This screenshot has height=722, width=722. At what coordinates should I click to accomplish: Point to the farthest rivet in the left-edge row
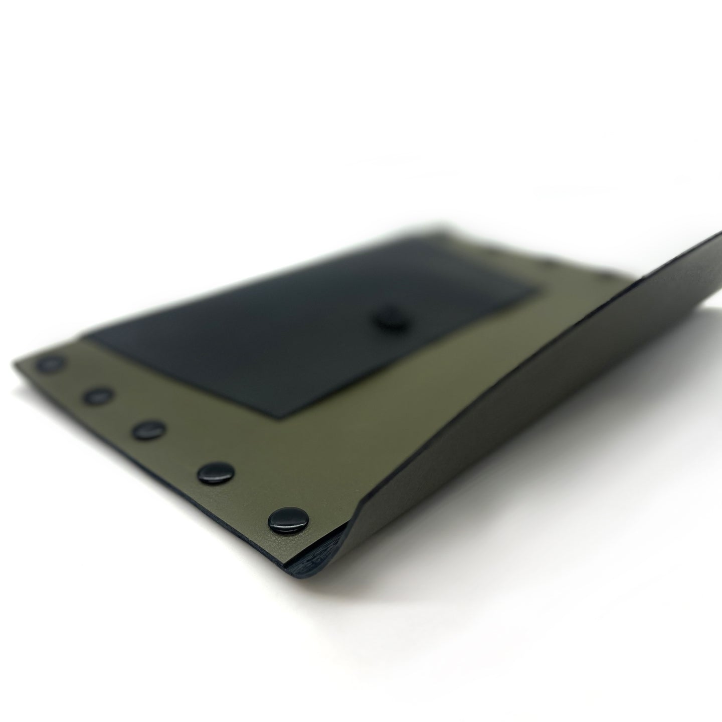point(52,365)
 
